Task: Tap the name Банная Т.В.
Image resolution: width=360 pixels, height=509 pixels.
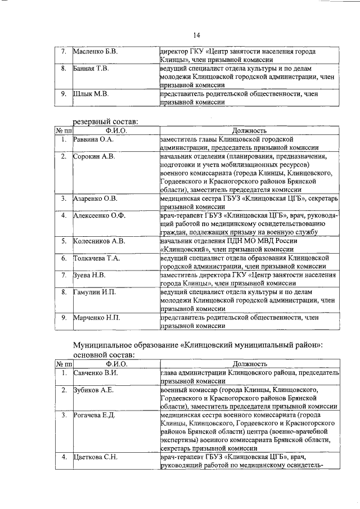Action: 91,68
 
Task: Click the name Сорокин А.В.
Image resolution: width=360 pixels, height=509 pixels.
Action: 94,156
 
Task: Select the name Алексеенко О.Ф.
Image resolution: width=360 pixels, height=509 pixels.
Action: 98,215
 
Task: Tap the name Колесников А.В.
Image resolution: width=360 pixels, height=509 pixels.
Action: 99,241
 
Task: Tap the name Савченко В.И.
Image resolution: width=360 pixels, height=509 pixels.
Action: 95,373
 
